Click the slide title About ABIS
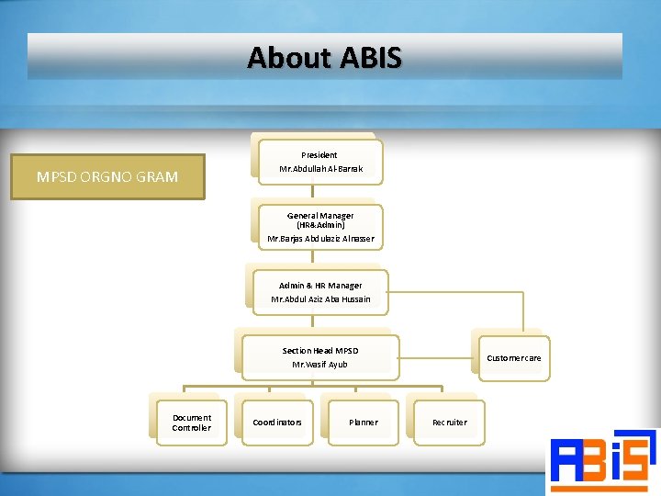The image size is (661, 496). click(324, 58)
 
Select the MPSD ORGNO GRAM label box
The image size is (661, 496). click(107, 176)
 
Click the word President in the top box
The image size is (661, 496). click(319, 155)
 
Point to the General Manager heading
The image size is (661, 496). click(320, 215)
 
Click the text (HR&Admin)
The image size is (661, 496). click(320, 225)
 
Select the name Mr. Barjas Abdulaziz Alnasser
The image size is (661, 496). click(320, 239)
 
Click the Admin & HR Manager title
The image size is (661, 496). click(320, 286)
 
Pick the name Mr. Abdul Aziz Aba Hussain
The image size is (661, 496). click(320, 299)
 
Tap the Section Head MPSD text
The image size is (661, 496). click(320, 351)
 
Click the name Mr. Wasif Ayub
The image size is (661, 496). click(320, 365)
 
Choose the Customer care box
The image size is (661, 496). click(513, 357)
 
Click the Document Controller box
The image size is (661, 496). click(192, 423)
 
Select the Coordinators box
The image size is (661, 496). click(277, 423)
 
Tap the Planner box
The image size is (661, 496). click(363, 423)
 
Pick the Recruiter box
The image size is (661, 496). click(449, 423)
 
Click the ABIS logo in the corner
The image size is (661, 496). click(602, 461)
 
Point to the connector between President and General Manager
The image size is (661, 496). click(314, 191)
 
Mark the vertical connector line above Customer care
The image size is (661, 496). click(522, 311)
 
